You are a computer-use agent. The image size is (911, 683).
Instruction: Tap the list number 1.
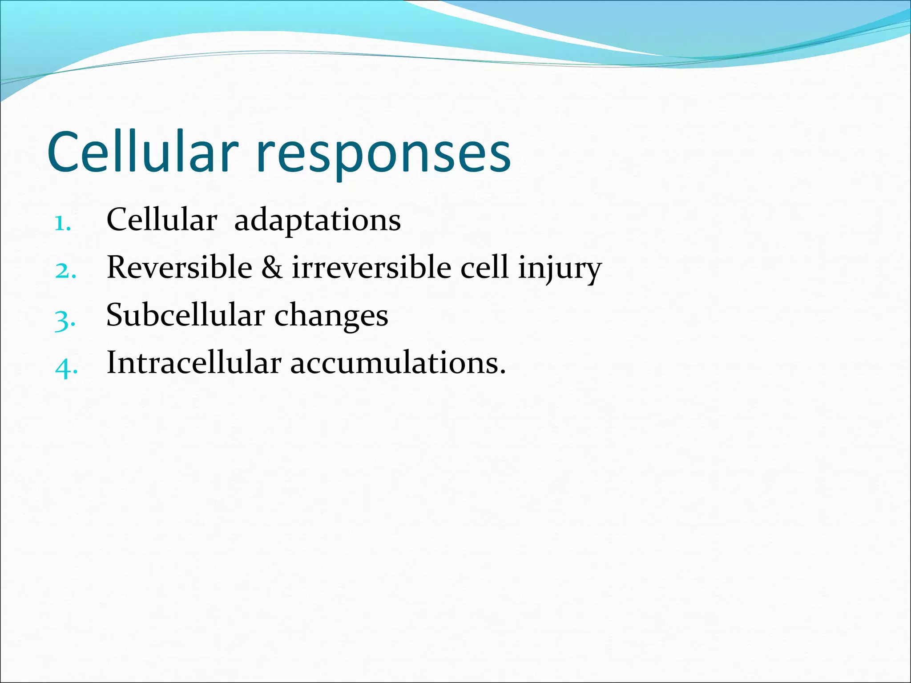(x=63, y=223)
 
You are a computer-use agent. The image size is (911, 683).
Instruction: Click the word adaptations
(x=317, y=221)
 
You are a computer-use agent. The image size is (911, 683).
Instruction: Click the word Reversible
(x=179, y=268)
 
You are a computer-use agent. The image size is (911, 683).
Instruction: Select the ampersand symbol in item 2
(x=272, y=268)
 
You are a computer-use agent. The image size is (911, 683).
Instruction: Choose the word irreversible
(x=371, y=268)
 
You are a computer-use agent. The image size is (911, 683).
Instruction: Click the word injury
(x=559, y=269)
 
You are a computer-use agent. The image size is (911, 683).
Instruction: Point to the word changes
(x=331, y=317)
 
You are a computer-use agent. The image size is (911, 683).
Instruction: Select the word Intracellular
(x=194, y=363)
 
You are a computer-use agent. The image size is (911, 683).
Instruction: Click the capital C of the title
(x=67, y=153)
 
